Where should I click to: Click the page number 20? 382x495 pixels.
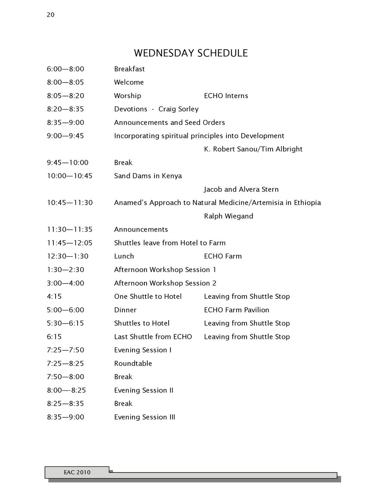click(51, 15)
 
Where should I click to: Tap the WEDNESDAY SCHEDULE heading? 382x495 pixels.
click(191, 53)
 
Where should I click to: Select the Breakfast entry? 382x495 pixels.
click(129, 69)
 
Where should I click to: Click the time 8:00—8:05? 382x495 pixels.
click(65, 82)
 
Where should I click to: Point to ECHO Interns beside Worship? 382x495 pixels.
click(226, 96)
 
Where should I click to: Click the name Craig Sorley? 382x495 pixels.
click(178, 109)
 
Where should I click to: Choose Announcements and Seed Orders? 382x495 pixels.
click(169, 123)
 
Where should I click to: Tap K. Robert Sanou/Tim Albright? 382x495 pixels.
click(253, 149)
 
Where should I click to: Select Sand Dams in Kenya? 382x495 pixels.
click(148, 176)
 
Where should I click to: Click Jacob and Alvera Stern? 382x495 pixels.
click(241, 189)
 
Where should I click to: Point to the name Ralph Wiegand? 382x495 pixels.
click(228, 216)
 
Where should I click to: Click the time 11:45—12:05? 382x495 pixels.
click(69, 243)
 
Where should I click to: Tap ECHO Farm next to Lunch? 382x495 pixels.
click(223, 256)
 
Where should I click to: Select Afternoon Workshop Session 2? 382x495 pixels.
click(165, 283)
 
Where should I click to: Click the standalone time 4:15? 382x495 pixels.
click(54, 297)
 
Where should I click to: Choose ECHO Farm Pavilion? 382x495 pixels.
click(237, 310)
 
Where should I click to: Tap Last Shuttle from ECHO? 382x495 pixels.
click(153, 337)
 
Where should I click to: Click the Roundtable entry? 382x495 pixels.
click(133, 363)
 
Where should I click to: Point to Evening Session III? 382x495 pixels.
click(144, 417)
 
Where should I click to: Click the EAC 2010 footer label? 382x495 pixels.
click(77, 473)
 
